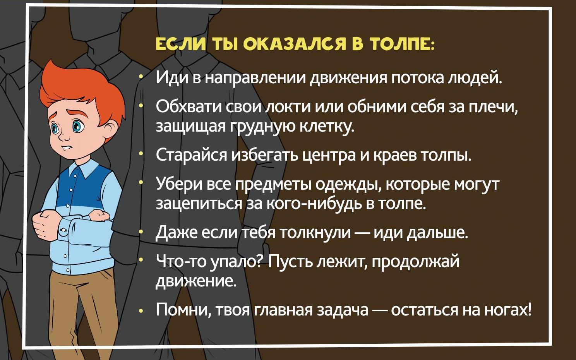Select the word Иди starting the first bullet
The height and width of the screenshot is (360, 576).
pyautogui.click(x=171, y=78)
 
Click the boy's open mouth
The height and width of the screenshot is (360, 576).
pyautogui.click(x=67, y=148)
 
